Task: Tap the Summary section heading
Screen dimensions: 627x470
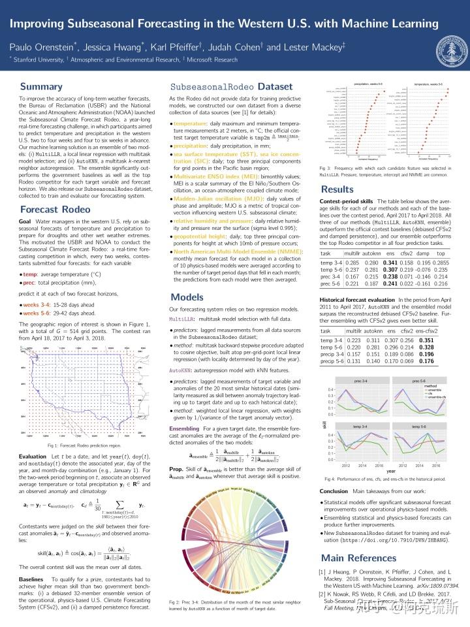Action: tap(41, 87)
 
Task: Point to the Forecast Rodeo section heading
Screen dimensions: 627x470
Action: tap(55, 210)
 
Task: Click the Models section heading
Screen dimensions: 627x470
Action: tap(187, 297)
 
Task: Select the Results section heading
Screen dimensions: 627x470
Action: tap(337, 190)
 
